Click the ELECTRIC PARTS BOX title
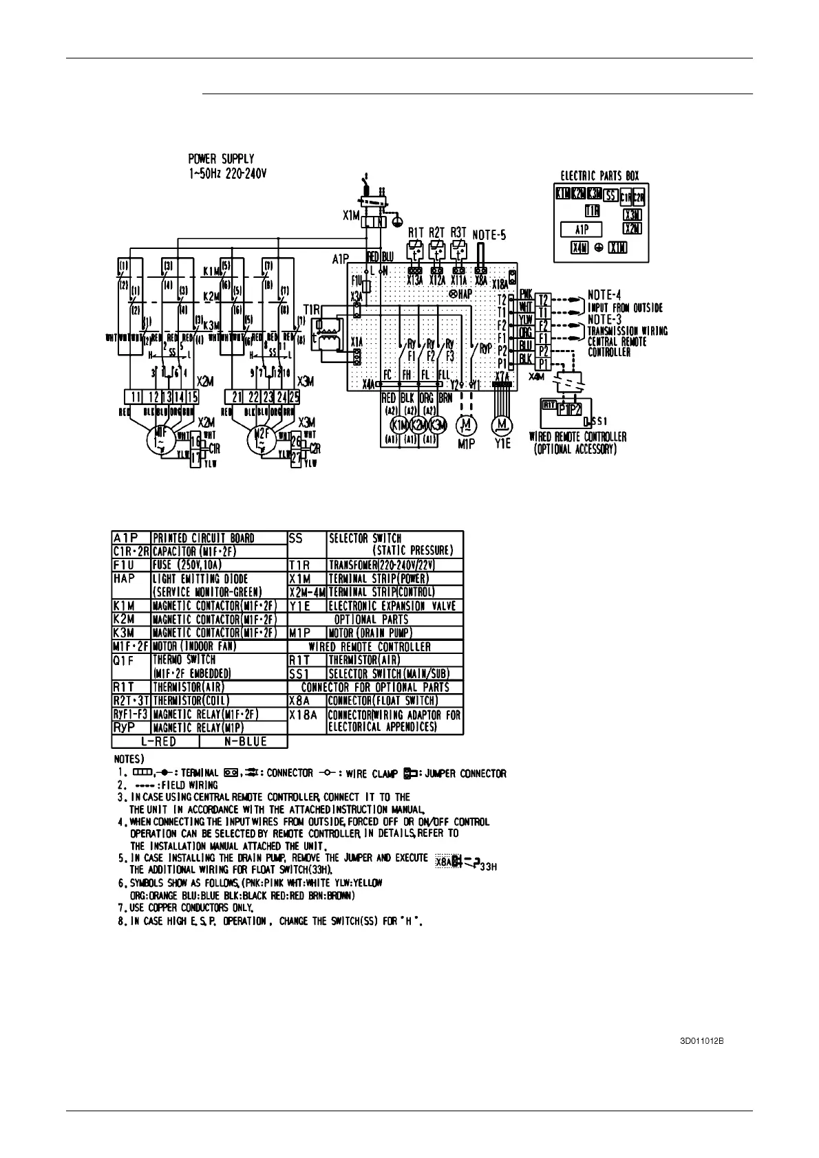click(x=599, y=176)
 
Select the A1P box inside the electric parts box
click(x=582, y=230)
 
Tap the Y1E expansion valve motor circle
click(x=503, y=422)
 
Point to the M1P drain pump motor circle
click(x=467, y=422)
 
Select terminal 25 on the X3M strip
click(x=294, y=397)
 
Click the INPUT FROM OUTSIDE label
click(x=625, y=307)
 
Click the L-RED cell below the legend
click(x=156, y=741)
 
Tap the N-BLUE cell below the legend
click(x=244, y=741)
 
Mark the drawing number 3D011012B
click(x=701, y=1041)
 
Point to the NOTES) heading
click(x=129, y=760)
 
